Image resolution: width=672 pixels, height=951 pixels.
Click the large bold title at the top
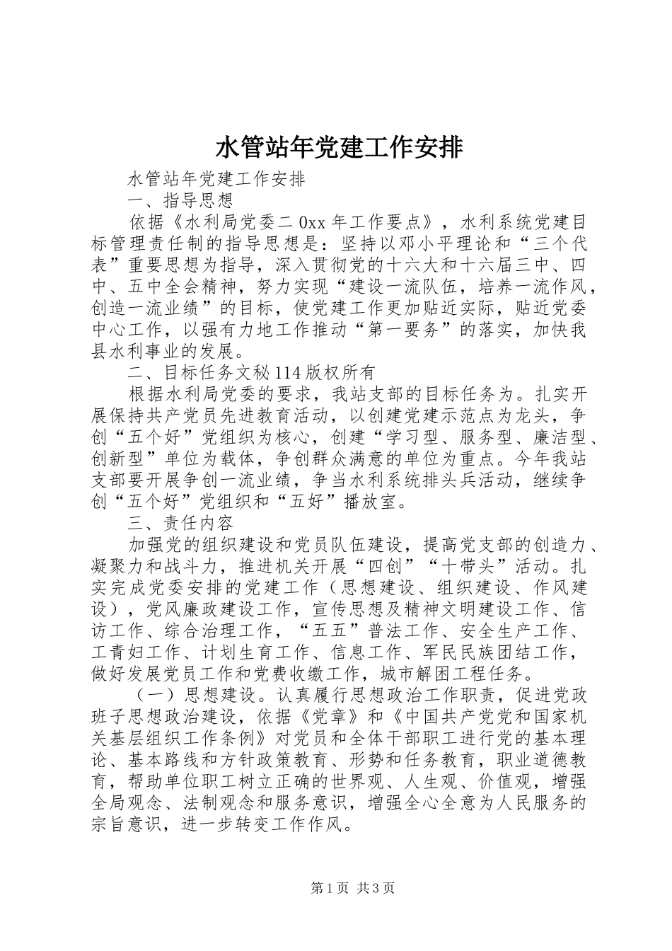pos(336,148)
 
